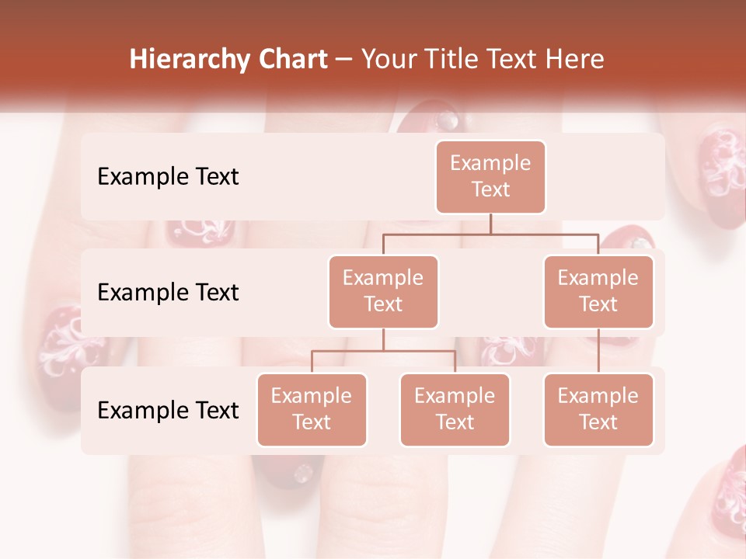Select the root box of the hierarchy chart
pos(490,177)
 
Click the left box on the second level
pos(383,291)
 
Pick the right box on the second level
pos(598,291)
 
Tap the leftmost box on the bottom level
pos(312,409)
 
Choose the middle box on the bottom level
pos(455,409)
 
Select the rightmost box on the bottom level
pos(598,409)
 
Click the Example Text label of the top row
pos(168,177)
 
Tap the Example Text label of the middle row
pos(168,293)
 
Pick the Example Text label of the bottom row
pos(168,411)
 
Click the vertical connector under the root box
pos(490,224)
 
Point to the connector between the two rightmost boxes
pos(598,351)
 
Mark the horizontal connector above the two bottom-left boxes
pos(383,351)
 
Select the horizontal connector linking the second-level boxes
pos(490,233)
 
